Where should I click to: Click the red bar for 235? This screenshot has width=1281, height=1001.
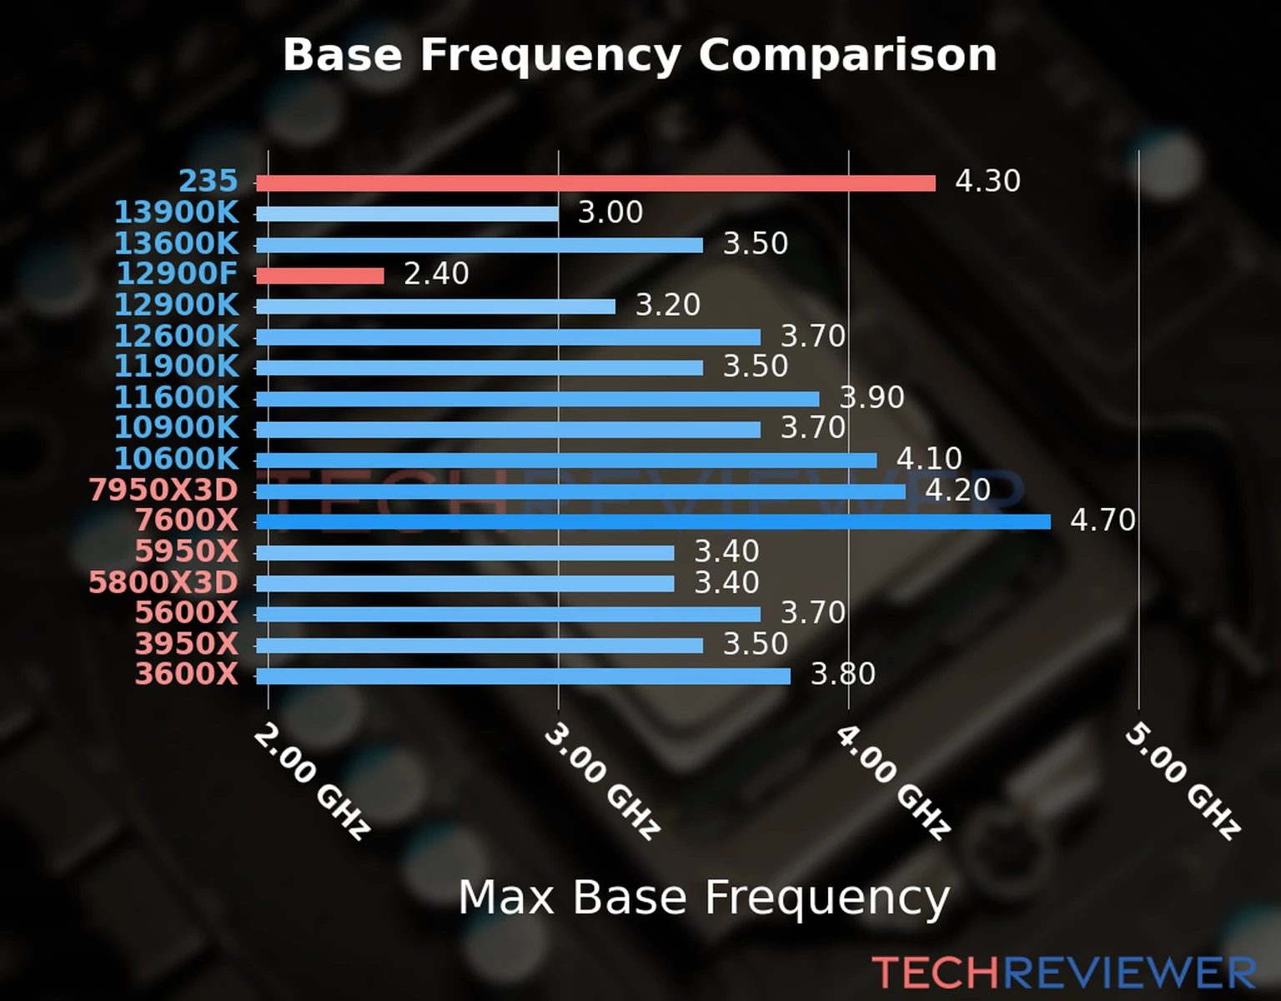pos(595,184)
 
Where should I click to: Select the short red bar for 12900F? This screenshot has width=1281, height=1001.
pos(320,275)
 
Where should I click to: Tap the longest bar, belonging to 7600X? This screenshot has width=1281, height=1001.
pos(653,522)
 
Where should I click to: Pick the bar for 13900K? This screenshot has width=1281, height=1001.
pos(407,214)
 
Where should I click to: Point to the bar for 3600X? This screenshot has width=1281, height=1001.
pos(523,676)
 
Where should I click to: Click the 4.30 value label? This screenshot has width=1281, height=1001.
pos(987,181)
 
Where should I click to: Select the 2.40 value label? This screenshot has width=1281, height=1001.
pos(436,274)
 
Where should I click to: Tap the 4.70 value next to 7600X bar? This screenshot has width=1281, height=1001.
pos(1103,521)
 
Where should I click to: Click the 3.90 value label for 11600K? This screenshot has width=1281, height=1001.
pos(872,397)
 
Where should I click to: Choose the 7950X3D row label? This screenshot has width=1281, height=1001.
pos(163,490)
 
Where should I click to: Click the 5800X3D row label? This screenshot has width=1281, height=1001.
pos(163,581)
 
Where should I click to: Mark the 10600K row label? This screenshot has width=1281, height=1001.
pos(176,458)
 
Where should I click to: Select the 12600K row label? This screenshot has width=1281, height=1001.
pos(176,335)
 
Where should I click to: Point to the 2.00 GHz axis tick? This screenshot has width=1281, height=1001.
pos(311,781)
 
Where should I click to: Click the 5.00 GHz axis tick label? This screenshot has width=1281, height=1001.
pos(1183,781)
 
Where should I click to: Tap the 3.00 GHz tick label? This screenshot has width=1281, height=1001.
pos(602,781)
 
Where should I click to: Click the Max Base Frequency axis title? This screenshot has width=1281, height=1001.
pos(704,898)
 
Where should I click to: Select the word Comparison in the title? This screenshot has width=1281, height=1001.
pos(847,55)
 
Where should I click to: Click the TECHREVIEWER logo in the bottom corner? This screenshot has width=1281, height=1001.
pos(1063,973)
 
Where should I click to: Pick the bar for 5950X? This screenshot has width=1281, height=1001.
pos(465,553)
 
